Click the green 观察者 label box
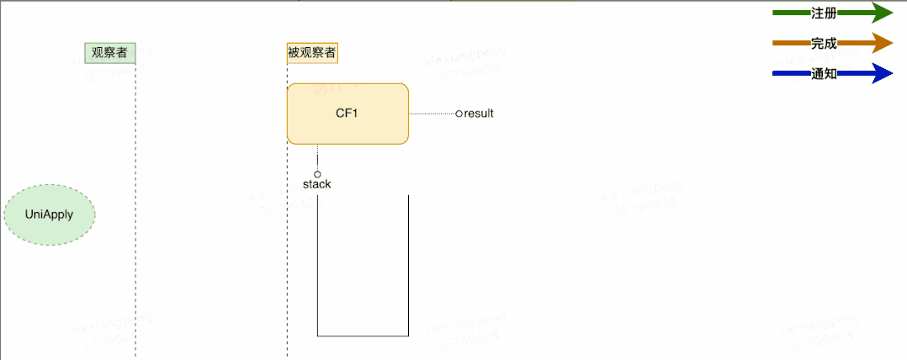coord(109,52)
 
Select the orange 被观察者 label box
coord(312,52)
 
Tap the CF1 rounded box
coord(347,114)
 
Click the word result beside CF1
coord(479,113)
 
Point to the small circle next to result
coord(459,113)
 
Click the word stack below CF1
coord(317,184)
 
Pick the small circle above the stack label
coord(317,174)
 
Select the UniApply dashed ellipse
coord(50,214)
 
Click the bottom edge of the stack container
coord(363,336)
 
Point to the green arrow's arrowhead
coord(883,13)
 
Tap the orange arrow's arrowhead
coord(883,43)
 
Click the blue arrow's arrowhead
coord(883,74)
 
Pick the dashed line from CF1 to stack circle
coord(317,157)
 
